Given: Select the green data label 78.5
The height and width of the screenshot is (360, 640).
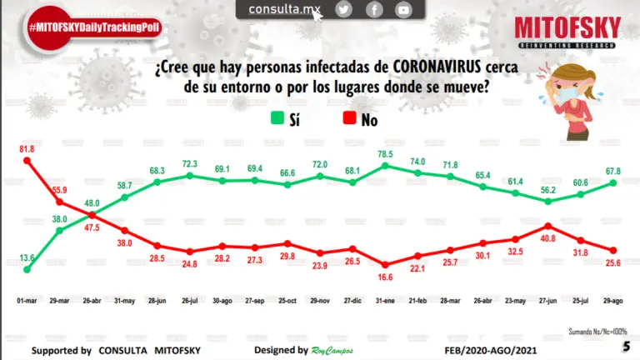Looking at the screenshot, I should click(384, 154).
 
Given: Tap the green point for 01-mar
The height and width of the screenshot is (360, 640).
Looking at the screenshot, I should click(27, 270).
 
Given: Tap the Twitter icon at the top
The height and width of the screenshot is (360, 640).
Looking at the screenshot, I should click(343, 9).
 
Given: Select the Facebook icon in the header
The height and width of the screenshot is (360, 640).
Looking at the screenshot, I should click(374, 9).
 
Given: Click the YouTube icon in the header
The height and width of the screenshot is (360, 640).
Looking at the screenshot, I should click(403, 9).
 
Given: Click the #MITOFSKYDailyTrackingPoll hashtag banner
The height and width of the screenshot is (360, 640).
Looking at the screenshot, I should click(93, 27).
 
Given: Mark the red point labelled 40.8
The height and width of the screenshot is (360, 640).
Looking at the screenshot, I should click(547, 226).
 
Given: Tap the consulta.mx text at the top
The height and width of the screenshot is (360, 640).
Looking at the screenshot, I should click(285, 9).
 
